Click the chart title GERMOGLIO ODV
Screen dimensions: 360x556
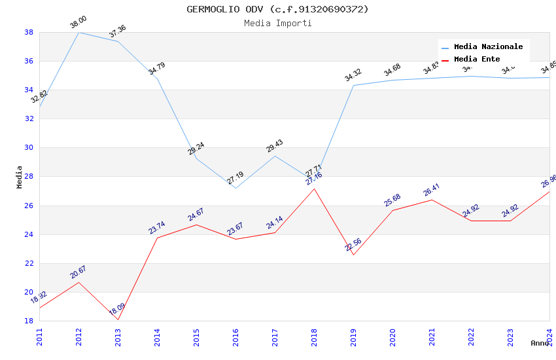coord(277,9)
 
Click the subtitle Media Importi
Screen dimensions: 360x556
coord(277,23)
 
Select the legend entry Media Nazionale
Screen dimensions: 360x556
coord(488,46)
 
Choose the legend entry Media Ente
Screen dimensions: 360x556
coord(477,59)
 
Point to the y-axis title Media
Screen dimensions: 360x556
coord(20,177)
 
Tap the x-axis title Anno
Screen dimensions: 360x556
coord(540,343)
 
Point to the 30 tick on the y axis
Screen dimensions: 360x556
coord(29,147)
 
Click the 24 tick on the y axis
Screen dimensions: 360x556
coord(29,234)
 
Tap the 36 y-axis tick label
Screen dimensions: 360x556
coord(29,61)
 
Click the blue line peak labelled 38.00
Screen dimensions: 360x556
coord(78,32)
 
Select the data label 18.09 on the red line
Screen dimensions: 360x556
coord(117,309)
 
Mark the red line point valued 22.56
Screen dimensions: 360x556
coord(353,255)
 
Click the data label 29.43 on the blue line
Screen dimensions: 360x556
coord(275,146)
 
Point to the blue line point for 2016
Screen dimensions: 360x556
coord(235,188)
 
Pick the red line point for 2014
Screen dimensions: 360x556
coord(157,238)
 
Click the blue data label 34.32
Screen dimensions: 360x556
coord(353,75)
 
